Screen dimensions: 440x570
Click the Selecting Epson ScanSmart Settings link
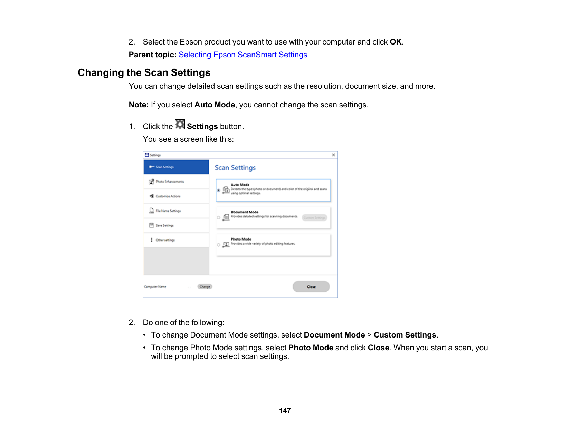[x=243, y=55]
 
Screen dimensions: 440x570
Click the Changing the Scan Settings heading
[x=144, y=73]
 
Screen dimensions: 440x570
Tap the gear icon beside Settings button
[x=180, y=125]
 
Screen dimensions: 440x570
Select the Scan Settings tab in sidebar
[x=176, y=167]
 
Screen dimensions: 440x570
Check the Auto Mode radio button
[x=219, y=190]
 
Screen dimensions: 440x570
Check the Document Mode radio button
[x=219, y=218]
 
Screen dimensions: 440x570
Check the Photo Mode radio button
[x=219, y=245]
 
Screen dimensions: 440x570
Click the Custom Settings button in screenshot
[x=314, y=218]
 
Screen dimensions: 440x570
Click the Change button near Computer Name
[x=205, y=287]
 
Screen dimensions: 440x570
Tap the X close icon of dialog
[x=333, y=155]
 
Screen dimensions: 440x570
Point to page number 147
[x=285, y=411]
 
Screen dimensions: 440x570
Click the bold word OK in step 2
[x=396, y=42]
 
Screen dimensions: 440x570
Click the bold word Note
[x=139, y=105]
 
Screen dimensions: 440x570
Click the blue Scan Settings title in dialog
[x=235, y=168]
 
